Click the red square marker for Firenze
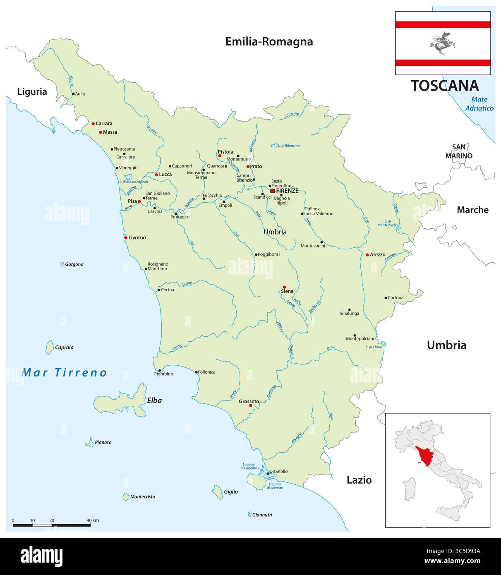(272, 191)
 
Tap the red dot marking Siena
(284, 287)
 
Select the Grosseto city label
(249, 401)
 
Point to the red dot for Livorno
(126, 238)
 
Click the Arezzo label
(377, 254)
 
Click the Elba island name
(154, 400)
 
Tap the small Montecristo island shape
(126, 496)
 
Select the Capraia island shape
(49, 347)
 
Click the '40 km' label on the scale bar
(93, 520)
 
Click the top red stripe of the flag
(443, 24)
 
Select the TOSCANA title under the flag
(444, 86)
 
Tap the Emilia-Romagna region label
(269, 41)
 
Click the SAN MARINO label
(458, 151)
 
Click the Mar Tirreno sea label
(65, 372)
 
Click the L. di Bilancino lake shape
(274, 145)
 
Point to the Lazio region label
(359, 480)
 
